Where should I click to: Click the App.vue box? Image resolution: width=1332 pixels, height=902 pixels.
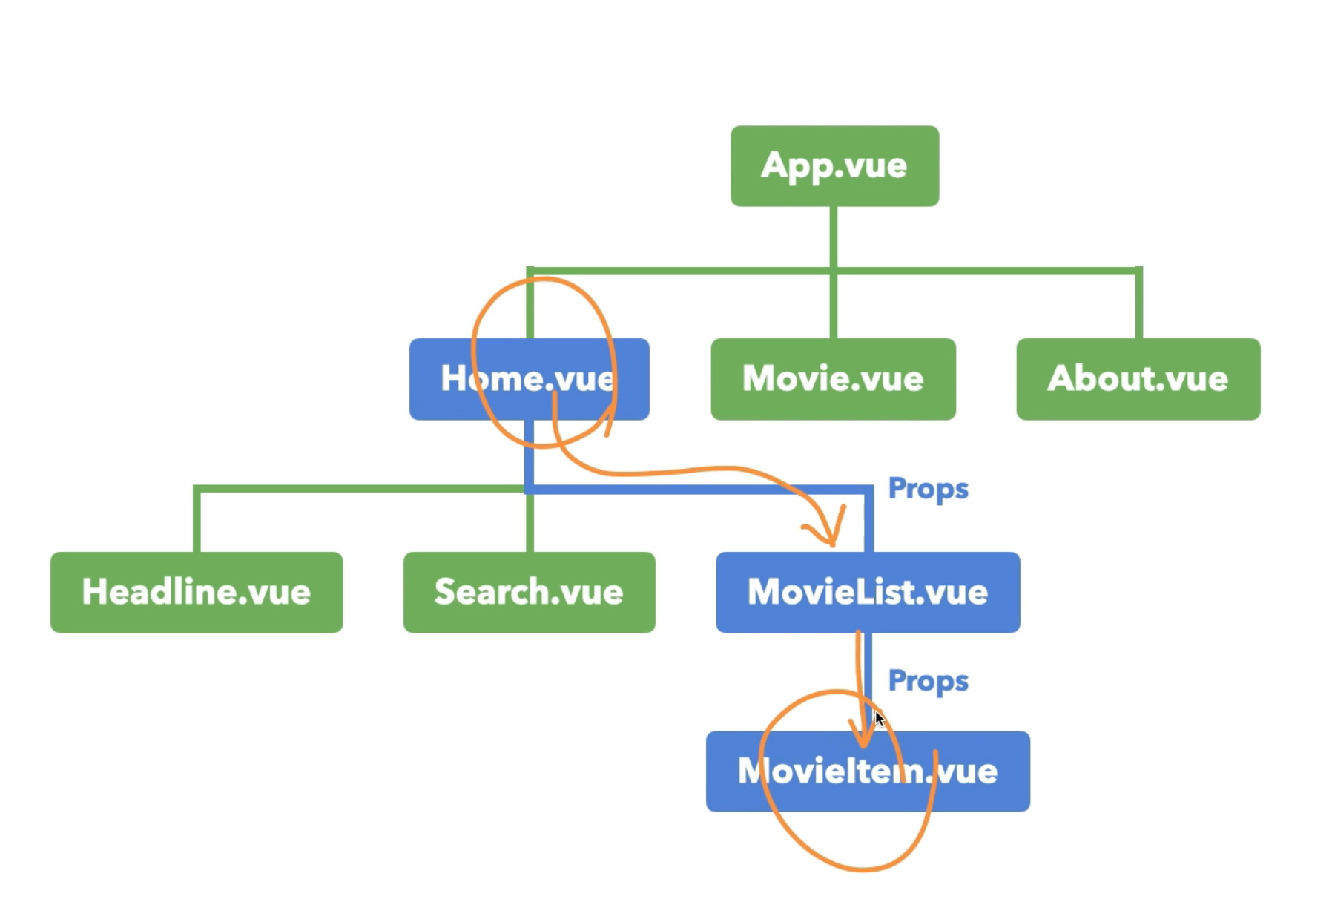click(834, 165)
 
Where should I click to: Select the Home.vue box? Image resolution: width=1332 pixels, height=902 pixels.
click(528, 379)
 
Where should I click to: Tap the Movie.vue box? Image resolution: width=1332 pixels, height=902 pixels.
click(833, 379)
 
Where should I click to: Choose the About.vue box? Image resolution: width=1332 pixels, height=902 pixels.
click(1138, 379)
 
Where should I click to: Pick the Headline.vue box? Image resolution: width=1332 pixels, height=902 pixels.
click(197, 592)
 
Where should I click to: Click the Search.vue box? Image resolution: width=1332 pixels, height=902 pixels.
click(529, 592)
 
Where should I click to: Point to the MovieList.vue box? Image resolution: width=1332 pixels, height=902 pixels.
click(868, 592)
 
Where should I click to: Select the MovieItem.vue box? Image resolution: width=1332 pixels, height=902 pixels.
click(868, 771)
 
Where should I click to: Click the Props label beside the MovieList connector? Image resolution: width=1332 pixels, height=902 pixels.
click(928, 489)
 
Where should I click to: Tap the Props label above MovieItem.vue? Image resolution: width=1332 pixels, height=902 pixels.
click(928, 681)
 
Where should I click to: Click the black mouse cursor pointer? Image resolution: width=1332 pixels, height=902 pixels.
click(880, 719)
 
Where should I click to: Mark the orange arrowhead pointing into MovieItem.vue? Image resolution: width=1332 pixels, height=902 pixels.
click(863, 739)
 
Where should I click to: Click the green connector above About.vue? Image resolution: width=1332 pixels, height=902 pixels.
click(1138, 304)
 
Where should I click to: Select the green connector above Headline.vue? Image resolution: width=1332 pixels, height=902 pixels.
click(197, 519)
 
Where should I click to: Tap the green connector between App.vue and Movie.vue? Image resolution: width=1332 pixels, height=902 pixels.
click(834, 237)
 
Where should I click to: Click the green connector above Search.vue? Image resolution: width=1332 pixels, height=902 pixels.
click(530, 523)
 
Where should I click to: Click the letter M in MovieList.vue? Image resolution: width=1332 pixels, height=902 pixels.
click(763, 592)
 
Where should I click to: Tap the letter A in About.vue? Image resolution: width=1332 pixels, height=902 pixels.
click(1062, 379)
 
